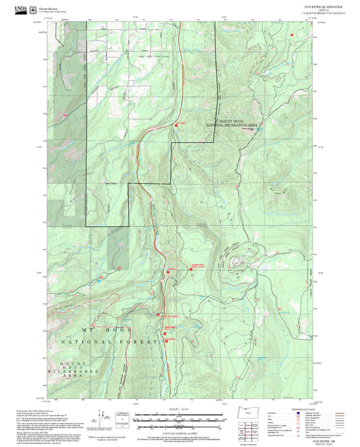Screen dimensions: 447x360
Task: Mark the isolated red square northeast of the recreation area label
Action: pos(291,34)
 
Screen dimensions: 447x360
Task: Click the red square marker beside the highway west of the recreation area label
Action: pos(174,124)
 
